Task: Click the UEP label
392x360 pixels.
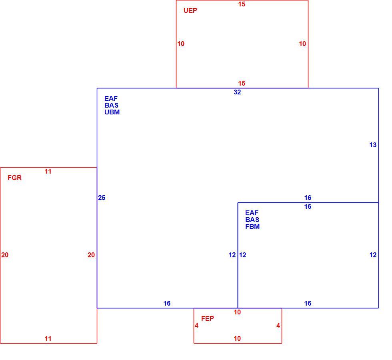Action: point(190,10)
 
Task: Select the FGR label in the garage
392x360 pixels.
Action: point(14,178)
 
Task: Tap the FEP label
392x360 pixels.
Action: point(208,318)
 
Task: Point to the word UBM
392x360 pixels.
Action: point(112,112)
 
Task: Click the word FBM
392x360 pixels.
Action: point(252,226)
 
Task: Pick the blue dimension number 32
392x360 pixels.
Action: point(237,92)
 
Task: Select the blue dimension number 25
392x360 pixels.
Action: point(102,198)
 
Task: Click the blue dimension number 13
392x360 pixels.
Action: point(373,145)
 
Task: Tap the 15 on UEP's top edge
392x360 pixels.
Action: point(242,4)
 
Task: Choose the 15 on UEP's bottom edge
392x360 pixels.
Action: point(242,83)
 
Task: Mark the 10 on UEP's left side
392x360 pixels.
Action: point(181,44)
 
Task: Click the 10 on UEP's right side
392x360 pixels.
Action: point(302,44)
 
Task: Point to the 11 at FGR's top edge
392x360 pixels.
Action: point(48,172)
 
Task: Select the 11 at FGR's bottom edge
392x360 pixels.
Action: point(48,338)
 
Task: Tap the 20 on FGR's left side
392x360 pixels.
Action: point(5,255)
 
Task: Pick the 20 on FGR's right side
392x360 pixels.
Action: point(91,255)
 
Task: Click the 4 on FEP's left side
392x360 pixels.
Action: point(197,326)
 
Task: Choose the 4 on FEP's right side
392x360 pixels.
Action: point(278,326)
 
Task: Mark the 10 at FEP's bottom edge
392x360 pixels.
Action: point(237,338)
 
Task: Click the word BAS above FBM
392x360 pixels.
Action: point(252,220)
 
